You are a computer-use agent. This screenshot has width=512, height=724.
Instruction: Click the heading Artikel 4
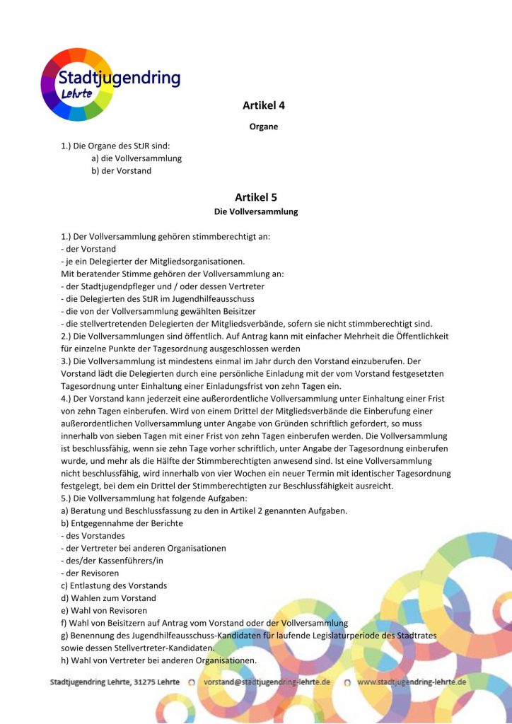pyautogui.click(x=264, y=105)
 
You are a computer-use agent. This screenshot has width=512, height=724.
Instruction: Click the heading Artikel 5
pyautogui.click(x=255, y=197)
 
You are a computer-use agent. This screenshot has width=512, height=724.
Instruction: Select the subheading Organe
pyautogui.click(x=264, y=127)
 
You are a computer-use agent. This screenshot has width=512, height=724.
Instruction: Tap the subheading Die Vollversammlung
pyautogui.click(x=256, y=211)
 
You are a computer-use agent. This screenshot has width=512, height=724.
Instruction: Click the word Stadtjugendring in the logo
pyautogui.click(x=119, y=78)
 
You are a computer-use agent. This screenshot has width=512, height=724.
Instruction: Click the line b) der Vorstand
pyautogui.click(x=121, y=170)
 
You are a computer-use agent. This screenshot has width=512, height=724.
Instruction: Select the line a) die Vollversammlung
pyautogui.click(x=136, y=158)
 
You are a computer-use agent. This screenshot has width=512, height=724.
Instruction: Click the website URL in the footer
pyautogui.click(x=412, y=682)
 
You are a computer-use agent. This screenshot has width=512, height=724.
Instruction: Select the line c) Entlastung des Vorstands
pyautogui.click(x=114, y=585)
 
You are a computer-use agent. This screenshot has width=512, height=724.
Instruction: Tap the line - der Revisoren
pyautogui.click(x=90, y=573)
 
